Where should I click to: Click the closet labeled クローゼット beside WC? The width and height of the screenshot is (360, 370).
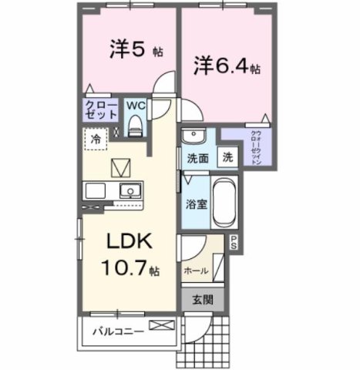pos(102,109)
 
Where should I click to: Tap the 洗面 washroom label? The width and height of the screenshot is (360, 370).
pos(197,158)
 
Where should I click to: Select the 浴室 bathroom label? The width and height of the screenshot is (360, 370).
pos(195,205)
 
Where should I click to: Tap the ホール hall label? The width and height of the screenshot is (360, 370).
pos(196,271)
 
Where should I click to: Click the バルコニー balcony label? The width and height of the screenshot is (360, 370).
pos(116,332)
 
